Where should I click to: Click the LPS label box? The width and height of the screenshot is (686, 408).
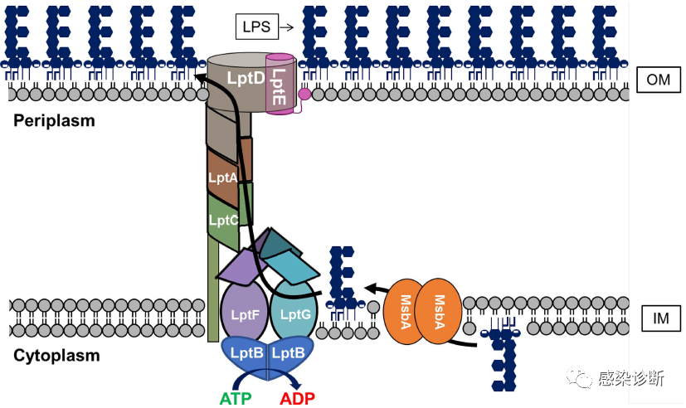257,27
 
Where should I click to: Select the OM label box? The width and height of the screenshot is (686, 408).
659,80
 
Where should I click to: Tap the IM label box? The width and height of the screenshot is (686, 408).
661,317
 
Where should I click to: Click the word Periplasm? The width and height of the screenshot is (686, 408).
54,121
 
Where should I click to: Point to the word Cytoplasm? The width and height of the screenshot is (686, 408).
56,356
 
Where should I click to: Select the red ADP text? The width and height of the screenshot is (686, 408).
298,398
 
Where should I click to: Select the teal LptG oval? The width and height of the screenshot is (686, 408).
294,314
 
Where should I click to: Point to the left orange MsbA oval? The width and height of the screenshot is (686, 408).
406,310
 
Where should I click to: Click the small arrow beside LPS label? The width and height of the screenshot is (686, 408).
287,27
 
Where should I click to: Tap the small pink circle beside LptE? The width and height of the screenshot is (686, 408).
304,94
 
